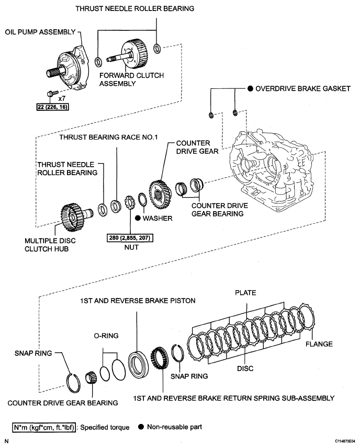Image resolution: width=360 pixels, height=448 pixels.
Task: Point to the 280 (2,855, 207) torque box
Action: [x=130, y=238]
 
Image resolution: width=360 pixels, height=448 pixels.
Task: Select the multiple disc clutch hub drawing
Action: [x=75, y=216]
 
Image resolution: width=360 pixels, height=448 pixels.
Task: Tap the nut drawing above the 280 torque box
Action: [x=130, y=203]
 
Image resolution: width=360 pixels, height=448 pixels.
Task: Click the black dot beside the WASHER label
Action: [x=138, y=218]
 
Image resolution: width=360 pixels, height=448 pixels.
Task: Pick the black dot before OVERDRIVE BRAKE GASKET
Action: [x=250, y=88]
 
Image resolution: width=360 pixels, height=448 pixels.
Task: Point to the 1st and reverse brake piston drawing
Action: [x=138, y=364]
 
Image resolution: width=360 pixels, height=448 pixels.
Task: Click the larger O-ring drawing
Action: [x=118, y=371]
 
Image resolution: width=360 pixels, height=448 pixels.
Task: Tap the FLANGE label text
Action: [x=319, y=344]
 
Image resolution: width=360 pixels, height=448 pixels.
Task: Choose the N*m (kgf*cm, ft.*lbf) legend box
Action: [x=44, y=428]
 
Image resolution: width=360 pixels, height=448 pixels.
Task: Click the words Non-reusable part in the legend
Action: [x=174, y=427]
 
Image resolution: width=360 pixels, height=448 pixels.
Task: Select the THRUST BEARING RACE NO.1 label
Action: [x=109, y=137]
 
